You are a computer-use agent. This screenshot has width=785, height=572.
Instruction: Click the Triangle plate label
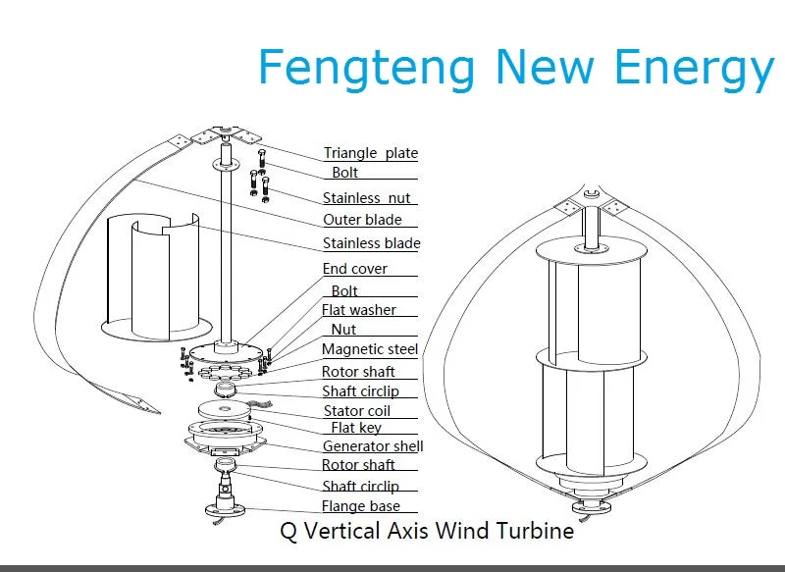[x=371, y=153]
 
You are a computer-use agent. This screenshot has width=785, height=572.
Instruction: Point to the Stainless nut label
[x=367, y=198]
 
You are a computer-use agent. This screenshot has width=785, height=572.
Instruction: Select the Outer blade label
[x=362, y=220]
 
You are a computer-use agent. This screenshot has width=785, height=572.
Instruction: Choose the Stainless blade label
[x=371, y=243]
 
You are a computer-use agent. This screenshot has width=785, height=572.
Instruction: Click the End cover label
[x=355, y=269]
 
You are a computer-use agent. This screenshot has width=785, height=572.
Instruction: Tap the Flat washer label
[x=359, y=310]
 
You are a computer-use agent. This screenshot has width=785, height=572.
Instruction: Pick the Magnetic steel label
[x=370, y=349]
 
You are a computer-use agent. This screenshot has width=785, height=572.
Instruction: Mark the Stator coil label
[x=357, y=411]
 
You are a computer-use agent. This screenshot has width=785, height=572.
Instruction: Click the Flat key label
[x=356, y=428]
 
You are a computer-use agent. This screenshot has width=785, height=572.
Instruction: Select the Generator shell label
[x=373, y=446]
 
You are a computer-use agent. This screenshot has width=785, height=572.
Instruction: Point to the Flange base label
[x=361, y=507]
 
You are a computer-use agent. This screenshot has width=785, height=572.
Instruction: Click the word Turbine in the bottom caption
[x=539, y=533]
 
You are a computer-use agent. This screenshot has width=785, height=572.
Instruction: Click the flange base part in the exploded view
[x=226, y=508]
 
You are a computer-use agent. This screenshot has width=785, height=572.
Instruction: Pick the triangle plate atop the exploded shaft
[x=226, y=135]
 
